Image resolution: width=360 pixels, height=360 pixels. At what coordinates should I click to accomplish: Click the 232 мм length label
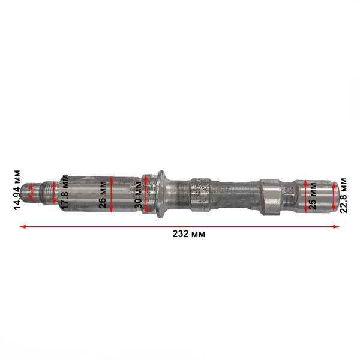(188, 234)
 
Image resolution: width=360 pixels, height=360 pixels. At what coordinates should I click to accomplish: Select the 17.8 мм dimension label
(65, 191)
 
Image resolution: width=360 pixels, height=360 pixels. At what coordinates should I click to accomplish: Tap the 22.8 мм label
(343, 195)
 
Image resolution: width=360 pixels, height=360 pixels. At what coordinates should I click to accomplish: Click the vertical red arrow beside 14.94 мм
(31, 191)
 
